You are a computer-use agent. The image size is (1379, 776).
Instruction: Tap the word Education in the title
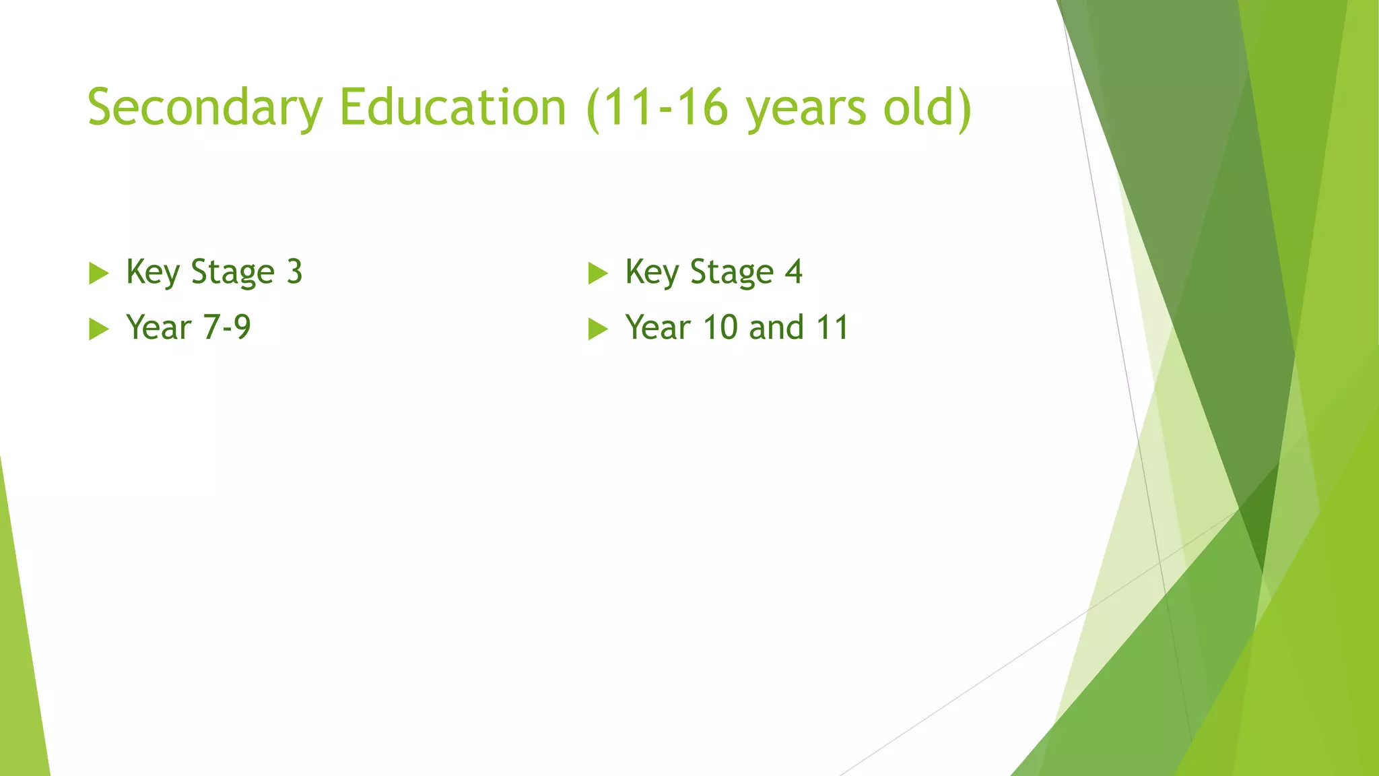452,108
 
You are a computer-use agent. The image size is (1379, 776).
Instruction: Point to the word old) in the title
927,108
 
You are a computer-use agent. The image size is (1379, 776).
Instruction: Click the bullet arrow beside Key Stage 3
98,273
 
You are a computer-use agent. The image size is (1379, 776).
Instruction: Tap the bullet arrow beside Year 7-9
98,329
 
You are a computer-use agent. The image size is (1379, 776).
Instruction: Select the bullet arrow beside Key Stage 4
597,273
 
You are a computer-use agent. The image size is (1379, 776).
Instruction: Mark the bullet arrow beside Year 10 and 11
597,329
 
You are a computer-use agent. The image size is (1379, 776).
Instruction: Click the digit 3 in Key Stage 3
294,272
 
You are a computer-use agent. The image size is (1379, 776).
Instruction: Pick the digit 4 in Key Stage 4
794,272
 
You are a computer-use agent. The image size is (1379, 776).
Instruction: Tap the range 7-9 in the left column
227,328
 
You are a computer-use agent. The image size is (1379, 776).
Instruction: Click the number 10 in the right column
720,328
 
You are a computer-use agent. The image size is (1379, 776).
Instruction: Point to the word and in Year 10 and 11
776,328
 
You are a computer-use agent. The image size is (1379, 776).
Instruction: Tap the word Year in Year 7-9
159,328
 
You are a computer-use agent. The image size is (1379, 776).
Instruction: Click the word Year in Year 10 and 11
658,328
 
